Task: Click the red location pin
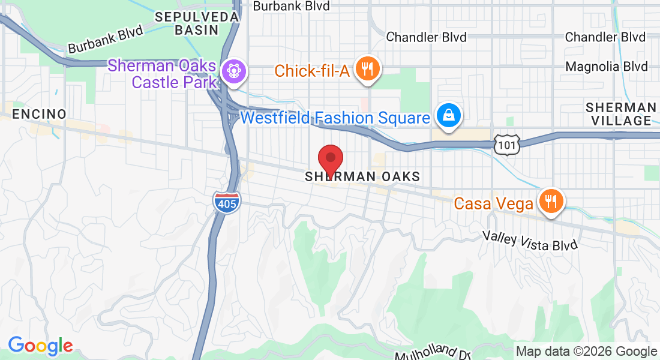[329, 160]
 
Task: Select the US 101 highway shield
[507, 144]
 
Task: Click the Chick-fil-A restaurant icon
[367, 70]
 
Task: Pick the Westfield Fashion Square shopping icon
[448, 116]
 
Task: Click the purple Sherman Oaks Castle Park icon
[232, 71]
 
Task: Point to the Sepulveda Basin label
[197, 23]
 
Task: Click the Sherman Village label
[620, 114]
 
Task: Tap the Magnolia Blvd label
[607, 66]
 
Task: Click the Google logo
[40, 346]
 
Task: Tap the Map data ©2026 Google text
[587, 352]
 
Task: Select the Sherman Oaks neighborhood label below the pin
[362, 176]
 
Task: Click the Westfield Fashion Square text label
[335, 117]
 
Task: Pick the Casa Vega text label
[494, 204]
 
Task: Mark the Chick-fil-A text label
[312, 71]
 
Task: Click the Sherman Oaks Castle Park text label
[163, 73]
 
